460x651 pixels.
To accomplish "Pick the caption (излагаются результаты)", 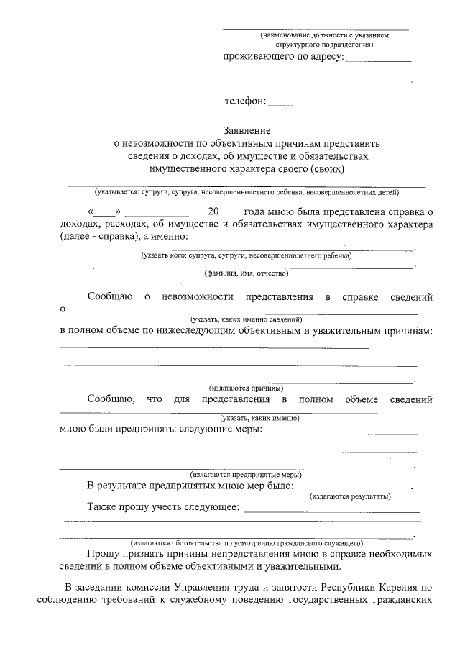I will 350,496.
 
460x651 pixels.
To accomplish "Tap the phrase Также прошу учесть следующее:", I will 163,507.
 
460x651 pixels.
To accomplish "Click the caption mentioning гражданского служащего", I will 247,542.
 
